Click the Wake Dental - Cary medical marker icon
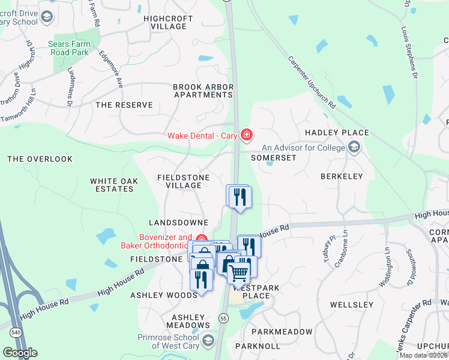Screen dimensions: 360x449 (x=246, y=135)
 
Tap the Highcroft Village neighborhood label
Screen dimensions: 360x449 (x=168, y=23)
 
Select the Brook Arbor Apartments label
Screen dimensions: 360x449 (x=203, y=91)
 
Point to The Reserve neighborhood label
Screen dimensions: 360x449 (x=124, y=105)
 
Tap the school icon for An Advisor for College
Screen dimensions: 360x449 (x=354, y=147)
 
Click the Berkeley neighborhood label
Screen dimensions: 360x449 (x=342, y=176)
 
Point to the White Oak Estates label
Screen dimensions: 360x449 (x=114, y=185)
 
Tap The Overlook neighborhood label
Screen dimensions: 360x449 (x=40, y=160)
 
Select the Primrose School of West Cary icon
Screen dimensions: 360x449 (x=208, y=341)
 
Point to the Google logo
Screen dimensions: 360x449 (x=20, y=352)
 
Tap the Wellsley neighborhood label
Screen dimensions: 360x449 (x=352, y=305)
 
